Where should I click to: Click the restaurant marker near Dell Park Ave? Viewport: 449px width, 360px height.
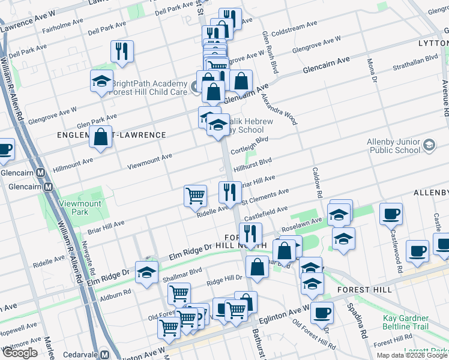122,52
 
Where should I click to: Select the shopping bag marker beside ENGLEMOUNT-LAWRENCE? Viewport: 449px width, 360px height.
101,136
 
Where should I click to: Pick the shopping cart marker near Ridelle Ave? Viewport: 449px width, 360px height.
195,195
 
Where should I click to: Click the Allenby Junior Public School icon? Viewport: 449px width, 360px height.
429,145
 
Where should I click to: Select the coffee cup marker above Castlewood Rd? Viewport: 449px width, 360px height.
391,213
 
